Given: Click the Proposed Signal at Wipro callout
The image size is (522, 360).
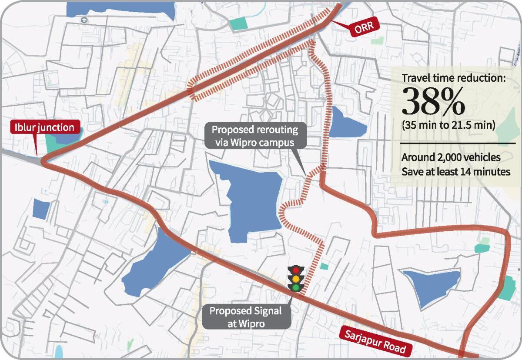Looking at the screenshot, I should (x=246, y=317).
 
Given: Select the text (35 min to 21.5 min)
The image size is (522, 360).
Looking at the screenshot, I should (x=448, y=126).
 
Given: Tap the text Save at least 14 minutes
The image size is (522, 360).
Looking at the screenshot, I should (x=456, y=172).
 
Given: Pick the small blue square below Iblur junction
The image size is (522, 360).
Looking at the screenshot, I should (x=41, y=209).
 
